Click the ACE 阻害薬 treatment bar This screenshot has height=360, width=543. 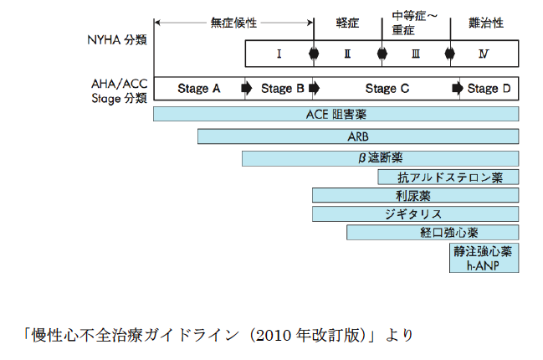click(336, 114)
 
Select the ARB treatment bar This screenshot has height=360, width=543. click(358, 136)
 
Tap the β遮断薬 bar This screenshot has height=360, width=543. click(380, 158)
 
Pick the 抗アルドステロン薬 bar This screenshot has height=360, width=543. click(448, 177)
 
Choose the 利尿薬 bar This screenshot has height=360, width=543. click(416, 195)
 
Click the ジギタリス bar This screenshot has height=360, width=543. click(416, 213)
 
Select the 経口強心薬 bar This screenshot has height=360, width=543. click(433, 232)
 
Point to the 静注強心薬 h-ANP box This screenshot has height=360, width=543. click(484, 258)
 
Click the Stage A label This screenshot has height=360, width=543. click(199, 89)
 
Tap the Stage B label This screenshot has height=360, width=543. click(282, 89)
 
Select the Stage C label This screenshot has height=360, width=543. click(387, 89)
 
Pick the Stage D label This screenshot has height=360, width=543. click(489, 89)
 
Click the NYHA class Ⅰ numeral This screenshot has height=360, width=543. click(279, 54)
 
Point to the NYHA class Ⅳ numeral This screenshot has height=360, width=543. click(484, 54)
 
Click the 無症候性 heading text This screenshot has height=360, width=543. click(233, 23)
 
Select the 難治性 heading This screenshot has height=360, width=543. click(486, 23)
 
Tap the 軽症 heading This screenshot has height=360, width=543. click(347, 23)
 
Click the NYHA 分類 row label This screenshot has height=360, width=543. click(117, 40)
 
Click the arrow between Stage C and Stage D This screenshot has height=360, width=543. click(458, 89)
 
